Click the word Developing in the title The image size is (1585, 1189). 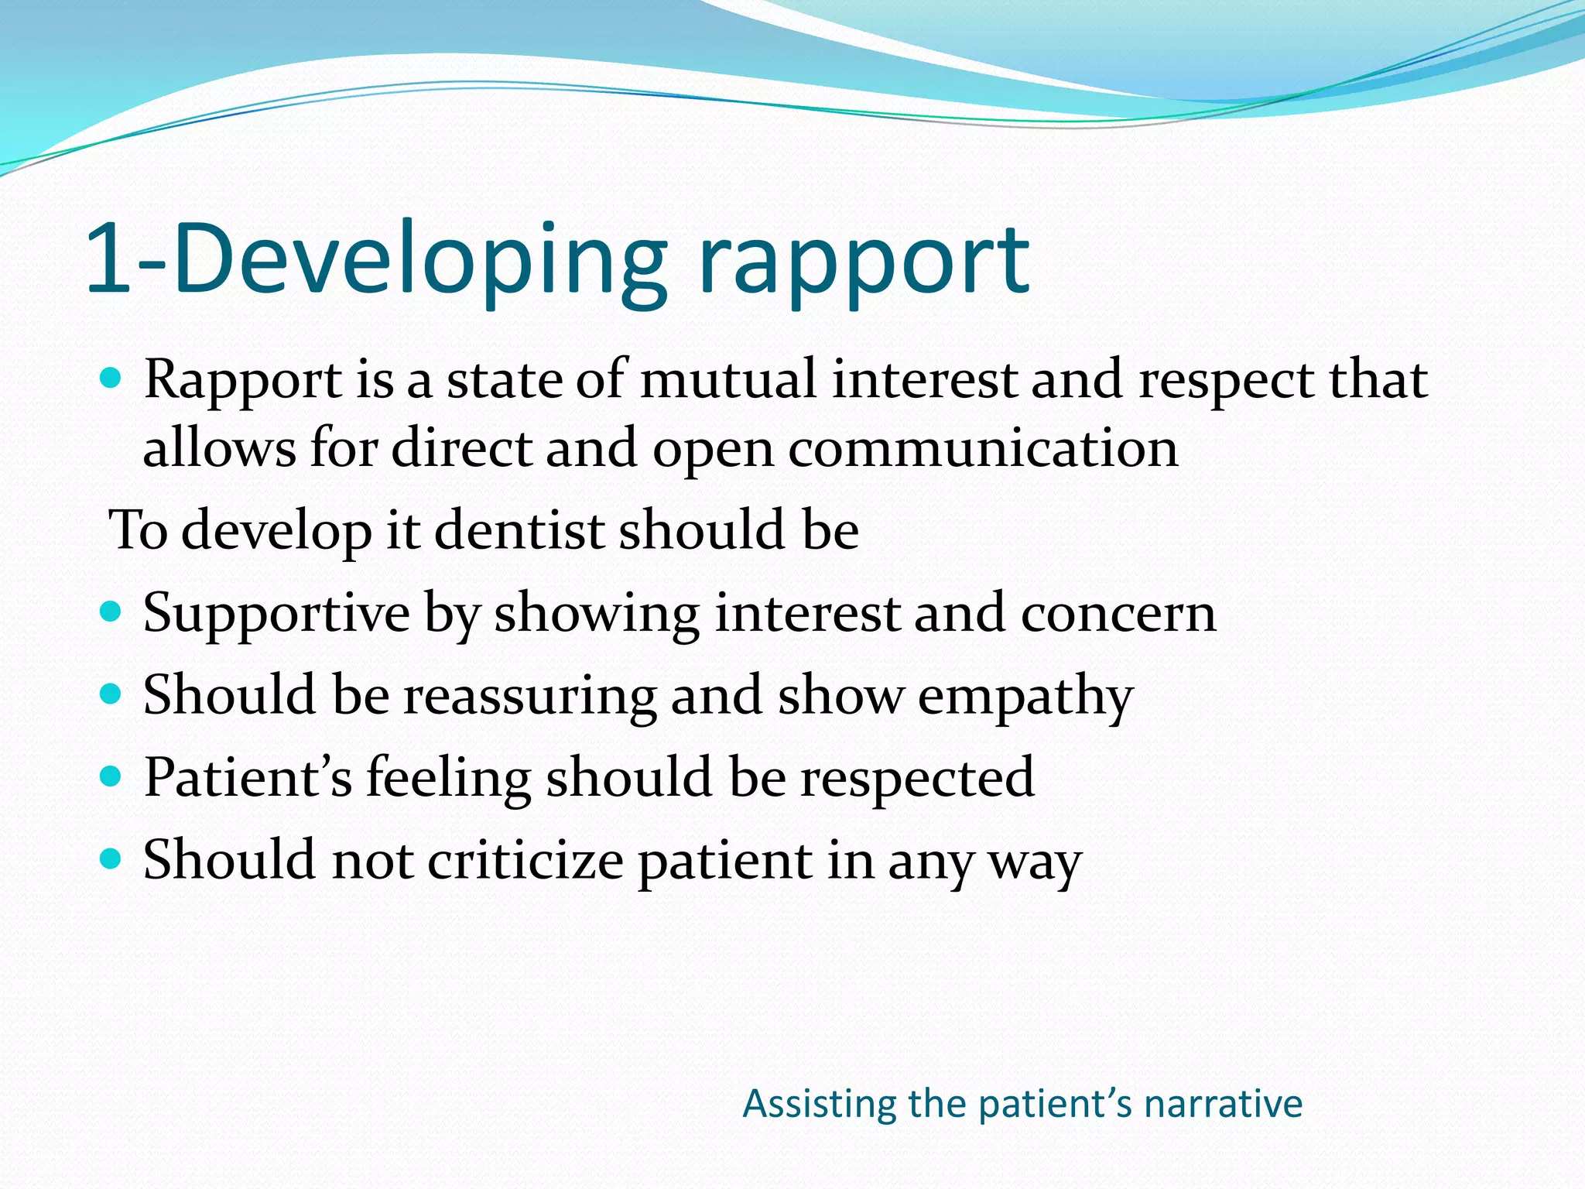[x=418, y=259]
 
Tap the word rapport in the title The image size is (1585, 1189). [x=863, y=263]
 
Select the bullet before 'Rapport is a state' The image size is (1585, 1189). [x=111, y=379]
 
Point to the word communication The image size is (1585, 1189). [x=983, y=448]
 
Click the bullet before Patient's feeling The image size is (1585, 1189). [x=111, y=776]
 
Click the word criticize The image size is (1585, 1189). [x=525, y=860]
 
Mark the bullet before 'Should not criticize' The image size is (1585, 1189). [x=111, y=858]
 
